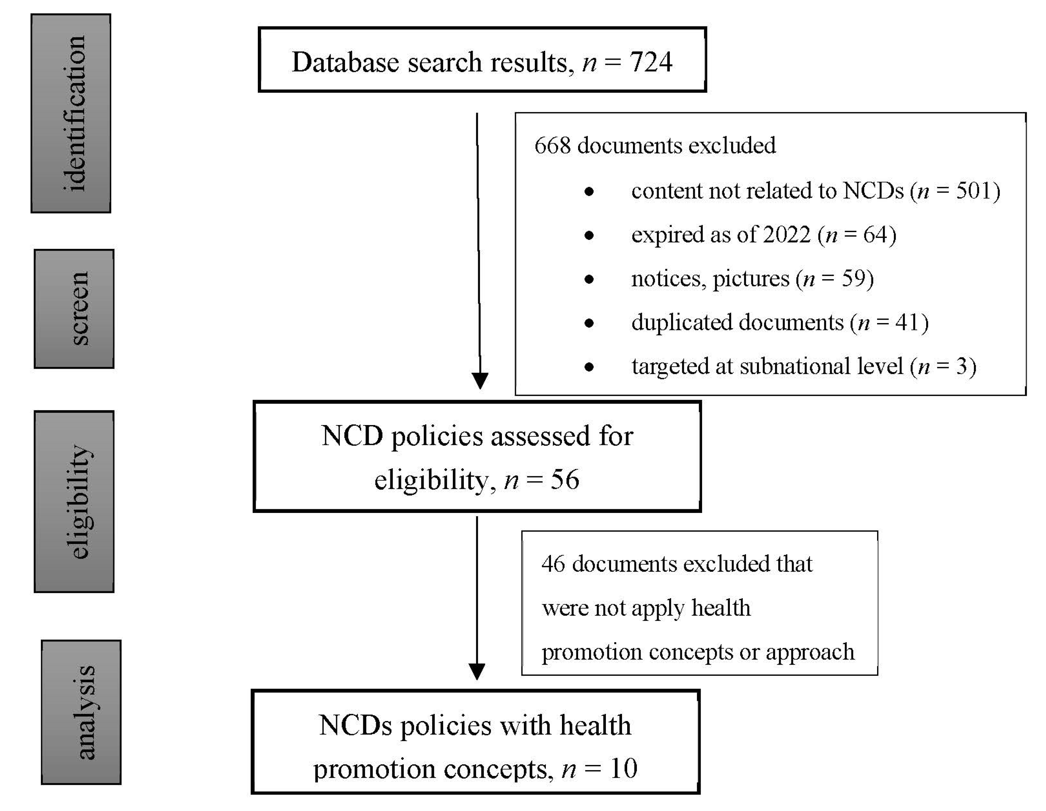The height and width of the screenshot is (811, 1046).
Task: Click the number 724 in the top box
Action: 651,62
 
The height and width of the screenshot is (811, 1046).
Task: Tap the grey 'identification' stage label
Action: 71,114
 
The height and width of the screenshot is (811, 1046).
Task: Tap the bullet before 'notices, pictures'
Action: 589,279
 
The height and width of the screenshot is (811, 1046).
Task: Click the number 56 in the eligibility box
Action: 565,480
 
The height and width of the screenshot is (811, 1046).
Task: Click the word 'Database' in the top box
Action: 345,62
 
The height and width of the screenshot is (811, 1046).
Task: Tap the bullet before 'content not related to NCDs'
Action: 589,192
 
